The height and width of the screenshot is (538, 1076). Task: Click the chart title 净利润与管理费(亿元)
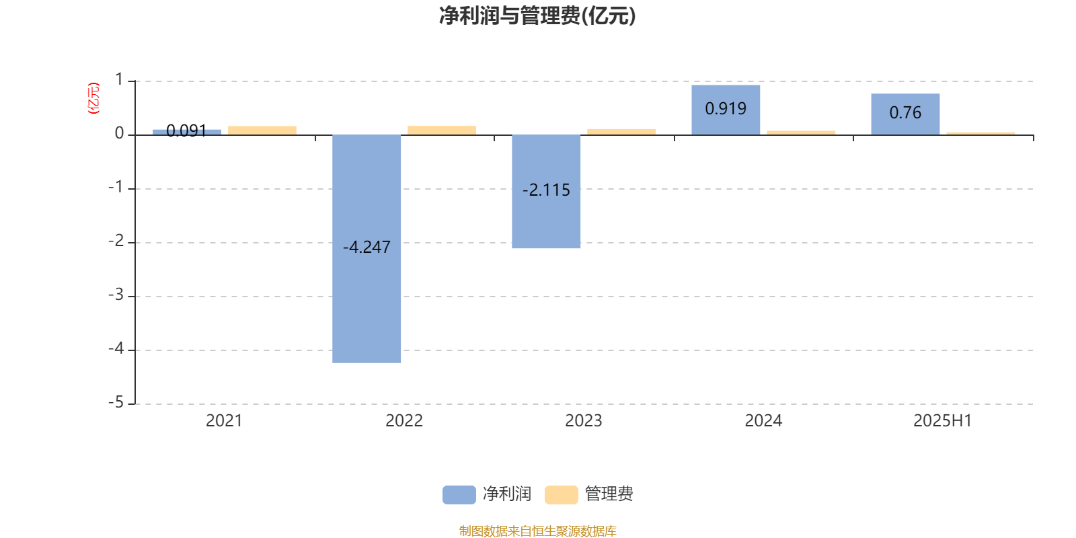(x=537, y=15)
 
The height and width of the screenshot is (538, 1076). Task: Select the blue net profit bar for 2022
(x=367, y=249)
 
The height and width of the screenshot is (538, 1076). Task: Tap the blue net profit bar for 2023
(x=546, y=192)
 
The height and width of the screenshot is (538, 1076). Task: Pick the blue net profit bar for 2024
(x=726, y=110)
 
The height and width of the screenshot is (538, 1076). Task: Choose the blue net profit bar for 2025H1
(x=905, y=114)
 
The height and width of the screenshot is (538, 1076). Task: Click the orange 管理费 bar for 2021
(x=262, y=130)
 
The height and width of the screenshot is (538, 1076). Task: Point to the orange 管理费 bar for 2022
(x=442, y=130)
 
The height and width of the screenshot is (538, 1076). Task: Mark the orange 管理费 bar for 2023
(x=621, y=132)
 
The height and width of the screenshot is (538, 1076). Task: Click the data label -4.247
(x=367, y=247)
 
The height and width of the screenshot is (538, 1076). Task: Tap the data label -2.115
(x=546, y=190)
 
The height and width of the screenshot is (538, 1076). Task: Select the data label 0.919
(x=726, y=108)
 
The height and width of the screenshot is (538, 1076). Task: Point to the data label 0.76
(x=905, y=112)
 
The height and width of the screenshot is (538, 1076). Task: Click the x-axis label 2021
(x=224, y=421)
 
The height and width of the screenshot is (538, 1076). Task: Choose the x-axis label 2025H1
(x=942, y=421)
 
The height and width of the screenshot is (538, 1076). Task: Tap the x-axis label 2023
(x=583, y=421)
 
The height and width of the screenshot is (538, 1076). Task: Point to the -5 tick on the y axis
(x=116, y=403)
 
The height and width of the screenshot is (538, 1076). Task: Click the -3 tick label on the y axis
(x=116, y=295)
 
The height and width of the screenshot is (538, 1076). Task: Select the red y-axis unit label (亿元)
(x=93, y=98)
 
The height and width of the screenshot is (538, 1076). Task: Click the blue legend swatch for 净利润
(x=459, y=495)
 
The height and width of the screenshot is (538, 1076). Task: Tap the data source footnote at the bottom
(x=537, y=531)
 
